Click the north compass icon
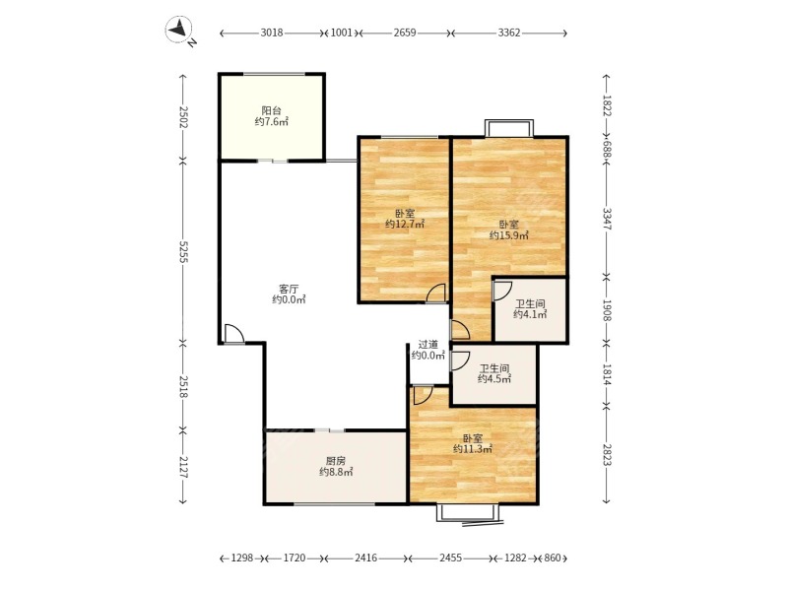point(179,30)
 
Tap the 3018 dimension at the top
point(272,33)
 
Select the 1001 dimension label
point(341,33)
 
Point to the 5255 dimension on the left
point(183,251)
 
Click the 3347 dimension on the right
point(607,219)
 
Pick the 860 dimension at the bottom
point(552,558)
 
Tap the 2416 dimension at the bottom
point(365,558)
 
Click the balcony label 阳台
point(272,110)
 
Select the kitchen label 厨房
point(336,461)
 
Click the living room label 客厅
point(289,289)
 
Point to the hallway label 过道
point(428,345)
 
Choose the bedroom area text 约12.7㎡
point(405,225)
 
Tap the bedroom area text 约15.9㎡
point(509,235)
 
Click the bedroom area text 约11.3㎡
point(473,449)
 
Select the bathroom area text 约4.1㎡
point(530,314)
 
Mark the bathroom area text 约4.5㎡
point(494,379)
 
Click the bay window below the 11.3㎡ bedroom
point(469,513)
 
